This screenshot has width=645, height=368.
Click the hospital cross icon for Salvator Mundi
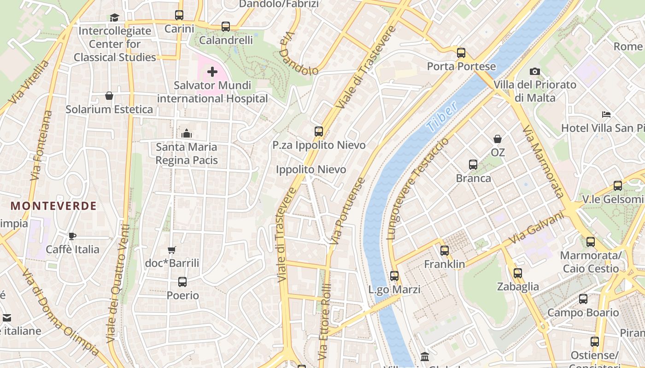[212, 72]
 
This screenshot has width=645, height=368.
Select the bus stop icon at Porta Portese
[461, 53]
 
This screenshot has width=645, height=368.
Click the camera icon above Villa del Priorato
[534, 71]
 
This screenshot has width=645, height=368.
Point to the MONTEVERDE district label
[53, 206]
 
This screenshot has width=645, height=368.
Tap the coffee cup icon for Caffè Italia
[72, 236]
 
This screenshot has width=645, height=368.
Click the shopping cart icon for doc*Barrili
[172, 250]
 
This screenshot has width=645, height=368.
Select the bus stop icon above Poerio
[182, 282]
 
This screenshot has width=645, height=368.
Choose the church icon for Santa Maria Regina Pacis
[187, 133]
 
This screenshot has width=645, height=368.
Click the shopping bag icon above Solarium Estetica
[109, 96]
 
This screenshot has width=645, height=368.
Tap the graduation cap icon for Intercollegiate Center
[114, 17]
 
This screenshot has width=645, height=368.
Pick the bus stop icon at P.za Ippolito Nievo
[319, 132]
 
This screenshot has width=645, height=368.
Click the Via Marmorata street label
[543, 161]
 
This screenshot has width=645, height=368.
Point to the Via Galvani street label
[536, 228]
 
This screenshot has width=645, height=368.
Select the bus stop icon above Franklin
[445, 251]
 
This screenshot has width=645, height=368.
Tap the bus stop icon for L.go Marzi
[394, 276]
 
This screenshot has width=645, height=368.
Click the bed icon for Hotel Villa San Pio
[606, 114]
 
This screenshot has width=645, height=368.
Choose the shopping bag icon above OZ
[498, 139]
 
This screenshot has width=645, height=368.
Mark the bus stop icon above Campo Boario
[583, 299]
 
